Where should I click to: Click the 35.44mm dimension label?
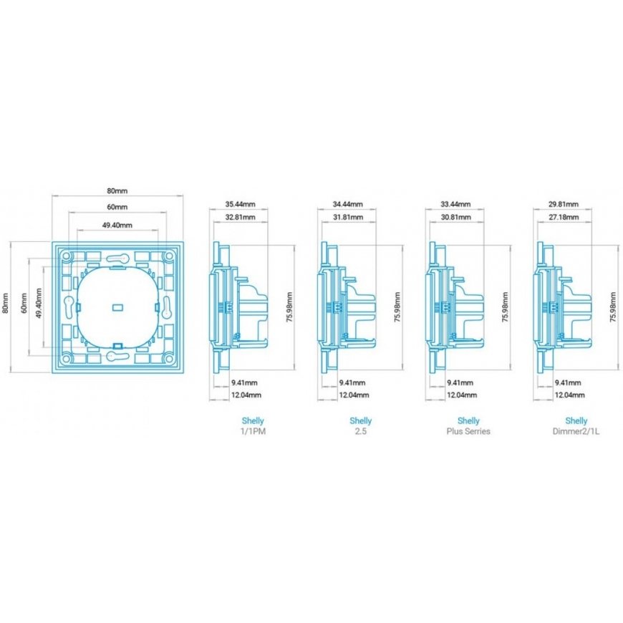pos(240,204)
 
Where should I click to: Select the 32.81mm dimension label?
pos(240,218)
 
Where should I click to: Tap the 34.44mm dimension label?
pos(347,204)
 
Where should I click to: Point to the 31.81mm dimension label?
pos(347,218)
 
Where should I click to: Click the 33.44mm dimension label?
pos(455,204)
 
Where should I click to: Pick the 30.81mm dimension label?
pos(455,218)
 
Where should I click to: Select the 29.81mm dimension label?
pos(564,204)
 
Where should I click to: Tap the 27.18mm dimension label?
pos(564,218)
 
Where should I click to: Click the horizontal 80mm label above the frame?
pos(117,190)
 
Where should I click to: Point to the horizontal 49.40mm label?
pos(117,226)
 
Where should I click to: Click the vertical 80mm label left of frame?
pos(6,303)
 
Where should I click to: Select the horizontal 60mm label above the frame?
pos(117,207)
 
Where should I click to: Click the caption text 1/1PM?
pos(253,431)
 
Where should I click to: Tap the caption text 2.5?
pos(361,431)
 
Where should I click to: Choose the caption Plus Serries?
pos(468,431)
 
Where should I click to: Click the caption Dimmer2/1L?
pos(576,431)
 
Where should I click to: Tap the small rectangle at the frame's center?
pos(118,307)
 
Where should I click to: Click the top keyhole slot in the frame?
pos(117,259)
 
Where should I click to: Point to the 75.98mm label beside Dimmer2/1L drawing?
pos(612,306)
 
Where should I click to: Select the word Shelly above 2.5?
pos(361,421)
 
